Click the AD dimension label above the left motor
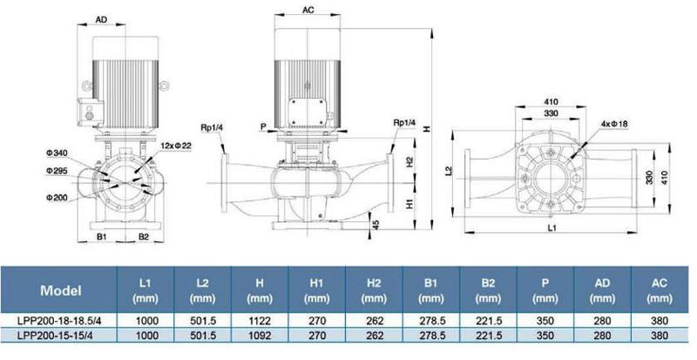click(x=101, y=19)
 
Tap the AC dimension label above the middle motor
click(x=308, y=10)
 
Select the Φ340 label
click(x=56, y=153)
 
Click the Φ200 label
click(x=57, y=197)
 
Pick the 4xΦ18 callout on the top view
click(x=614, y=124)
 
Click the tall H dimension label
click(x=427, y=129)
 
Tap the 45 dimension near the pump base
click(x=376, y=224)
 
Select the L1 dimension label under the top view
click(x=552, y=228)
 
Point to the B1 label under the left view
click(x=102, y=237)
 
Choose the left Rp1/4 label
click(x=213, y=128)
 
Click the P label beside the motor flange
click(x=263, y=127)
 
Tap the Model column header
click(x=61, y=290)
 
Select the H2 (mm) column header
click(x=374, y=290)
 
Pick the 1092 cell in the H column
click(x=260, y=335)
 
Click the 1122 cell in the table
click(x=260, y=321)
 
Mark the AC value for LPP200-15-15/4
click(x=660, y=335)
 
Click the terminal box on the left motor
click(x=91, y=112)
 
